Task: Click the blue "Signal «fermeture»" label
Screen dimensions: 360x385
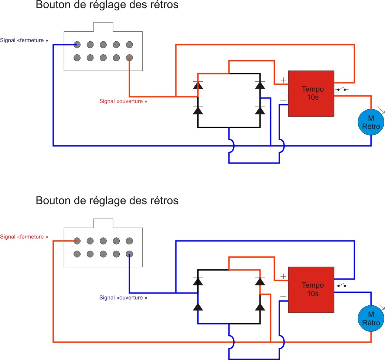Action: [x=24, y=40]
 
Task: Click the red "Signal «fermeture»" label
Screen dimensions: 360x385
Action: [x=24, y=236]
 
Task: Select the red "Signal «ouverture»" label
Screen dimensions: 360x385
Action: [x=123, y=101]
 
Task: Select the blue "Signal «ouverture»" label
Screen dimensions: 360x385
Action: [x=123, y=298]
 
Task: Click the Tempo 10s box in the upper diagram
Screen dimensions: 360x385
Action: [x=311, y=93]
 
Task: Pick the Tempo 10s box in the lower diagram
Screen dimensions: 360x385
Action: [x=311, y=289]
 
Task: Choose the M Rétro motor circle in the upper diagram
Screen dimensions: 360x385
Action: [x=371, y=122]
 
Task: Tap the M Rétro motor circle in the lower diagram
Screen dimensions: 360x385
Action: [x=371, y=319]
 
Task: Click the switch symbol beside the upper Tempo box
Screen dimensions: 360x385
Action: [x=341, y=89]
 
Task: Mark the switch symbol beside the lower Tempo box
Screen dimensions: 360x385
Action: [x=341, y=285]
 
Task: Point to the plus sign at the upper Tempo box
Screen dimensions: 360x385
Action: [x=283, y=80]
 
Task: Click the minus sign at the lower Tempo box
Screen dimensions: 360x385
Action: [x=283, y=296]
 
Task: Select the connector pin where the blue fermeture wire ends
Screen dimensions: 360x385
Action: [x=77, y=45]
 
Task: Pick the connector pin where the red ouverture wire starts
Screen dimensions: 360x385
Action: [x=129, y=58]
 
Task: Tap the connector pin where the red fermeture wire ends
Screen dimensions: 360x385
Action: [x=77, y=241]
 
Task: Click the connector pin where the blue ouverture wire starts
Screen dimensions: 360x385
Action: [x=129, y=254]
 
